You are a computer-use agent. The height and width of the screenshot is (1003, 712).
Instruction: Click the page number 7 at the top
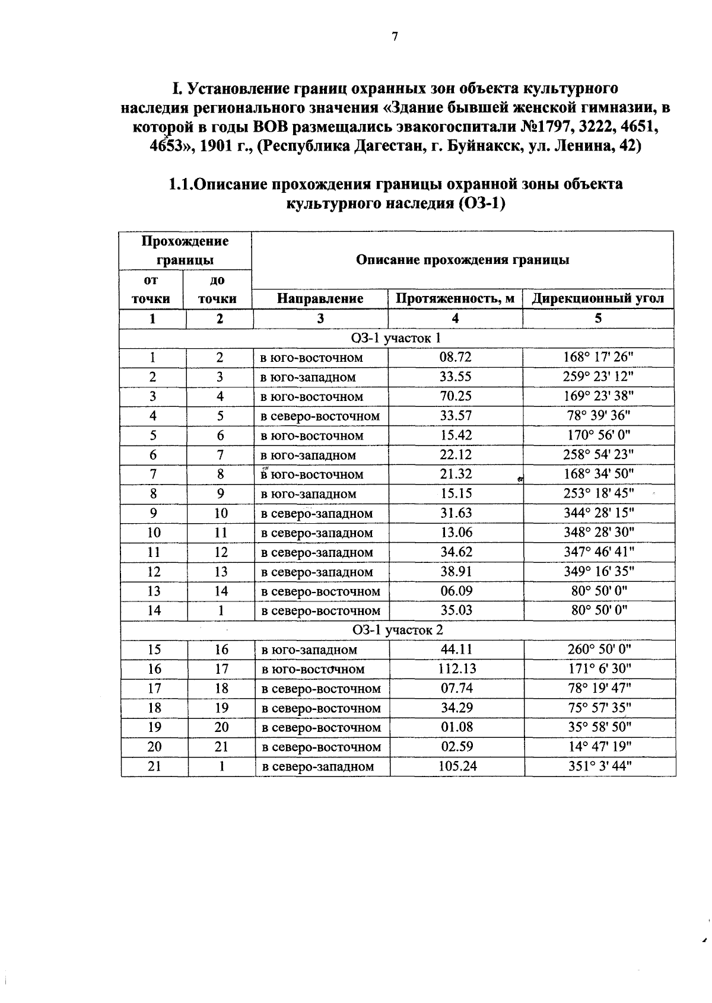tap(395, 37)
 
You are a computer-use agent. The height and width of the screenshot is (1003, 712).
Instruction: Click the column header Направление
tap(320, 298)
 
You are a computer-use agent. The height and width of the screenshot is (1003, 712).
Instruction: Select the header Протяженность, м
tap(455, 298)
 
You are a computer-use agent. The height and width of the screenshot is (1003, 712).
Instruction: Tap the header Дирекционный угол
tap(597, 298)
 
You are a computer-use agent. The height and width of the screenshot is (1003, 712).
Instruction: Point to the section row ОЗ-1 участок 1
tap(396, 338)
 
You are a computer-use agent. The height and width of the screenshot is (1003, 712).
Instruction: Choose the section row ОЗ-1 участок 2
tap(397, 630)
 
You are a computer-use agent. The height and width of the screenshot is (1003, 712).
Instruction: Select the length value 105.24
tap(457, 766)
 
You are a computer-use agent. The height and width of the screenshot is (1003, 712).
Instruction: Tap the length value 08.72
tap(455, 358)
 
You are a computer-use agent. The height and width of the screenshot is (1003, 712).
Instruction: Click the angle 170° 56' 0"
tap(597, 435)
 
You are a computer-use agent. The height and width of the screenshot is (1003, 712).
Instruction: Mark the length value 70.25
tap(455, 396)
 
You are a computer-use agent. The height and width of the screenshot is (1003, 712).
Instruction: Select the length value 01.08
tap(456, 727)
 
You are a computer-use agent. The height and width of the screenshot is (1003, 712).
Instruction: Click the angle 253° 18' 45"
tap(598, 493)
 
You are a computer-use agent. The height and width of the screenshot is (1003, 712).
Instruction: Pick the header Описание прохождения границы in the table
tap(463, 260)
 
